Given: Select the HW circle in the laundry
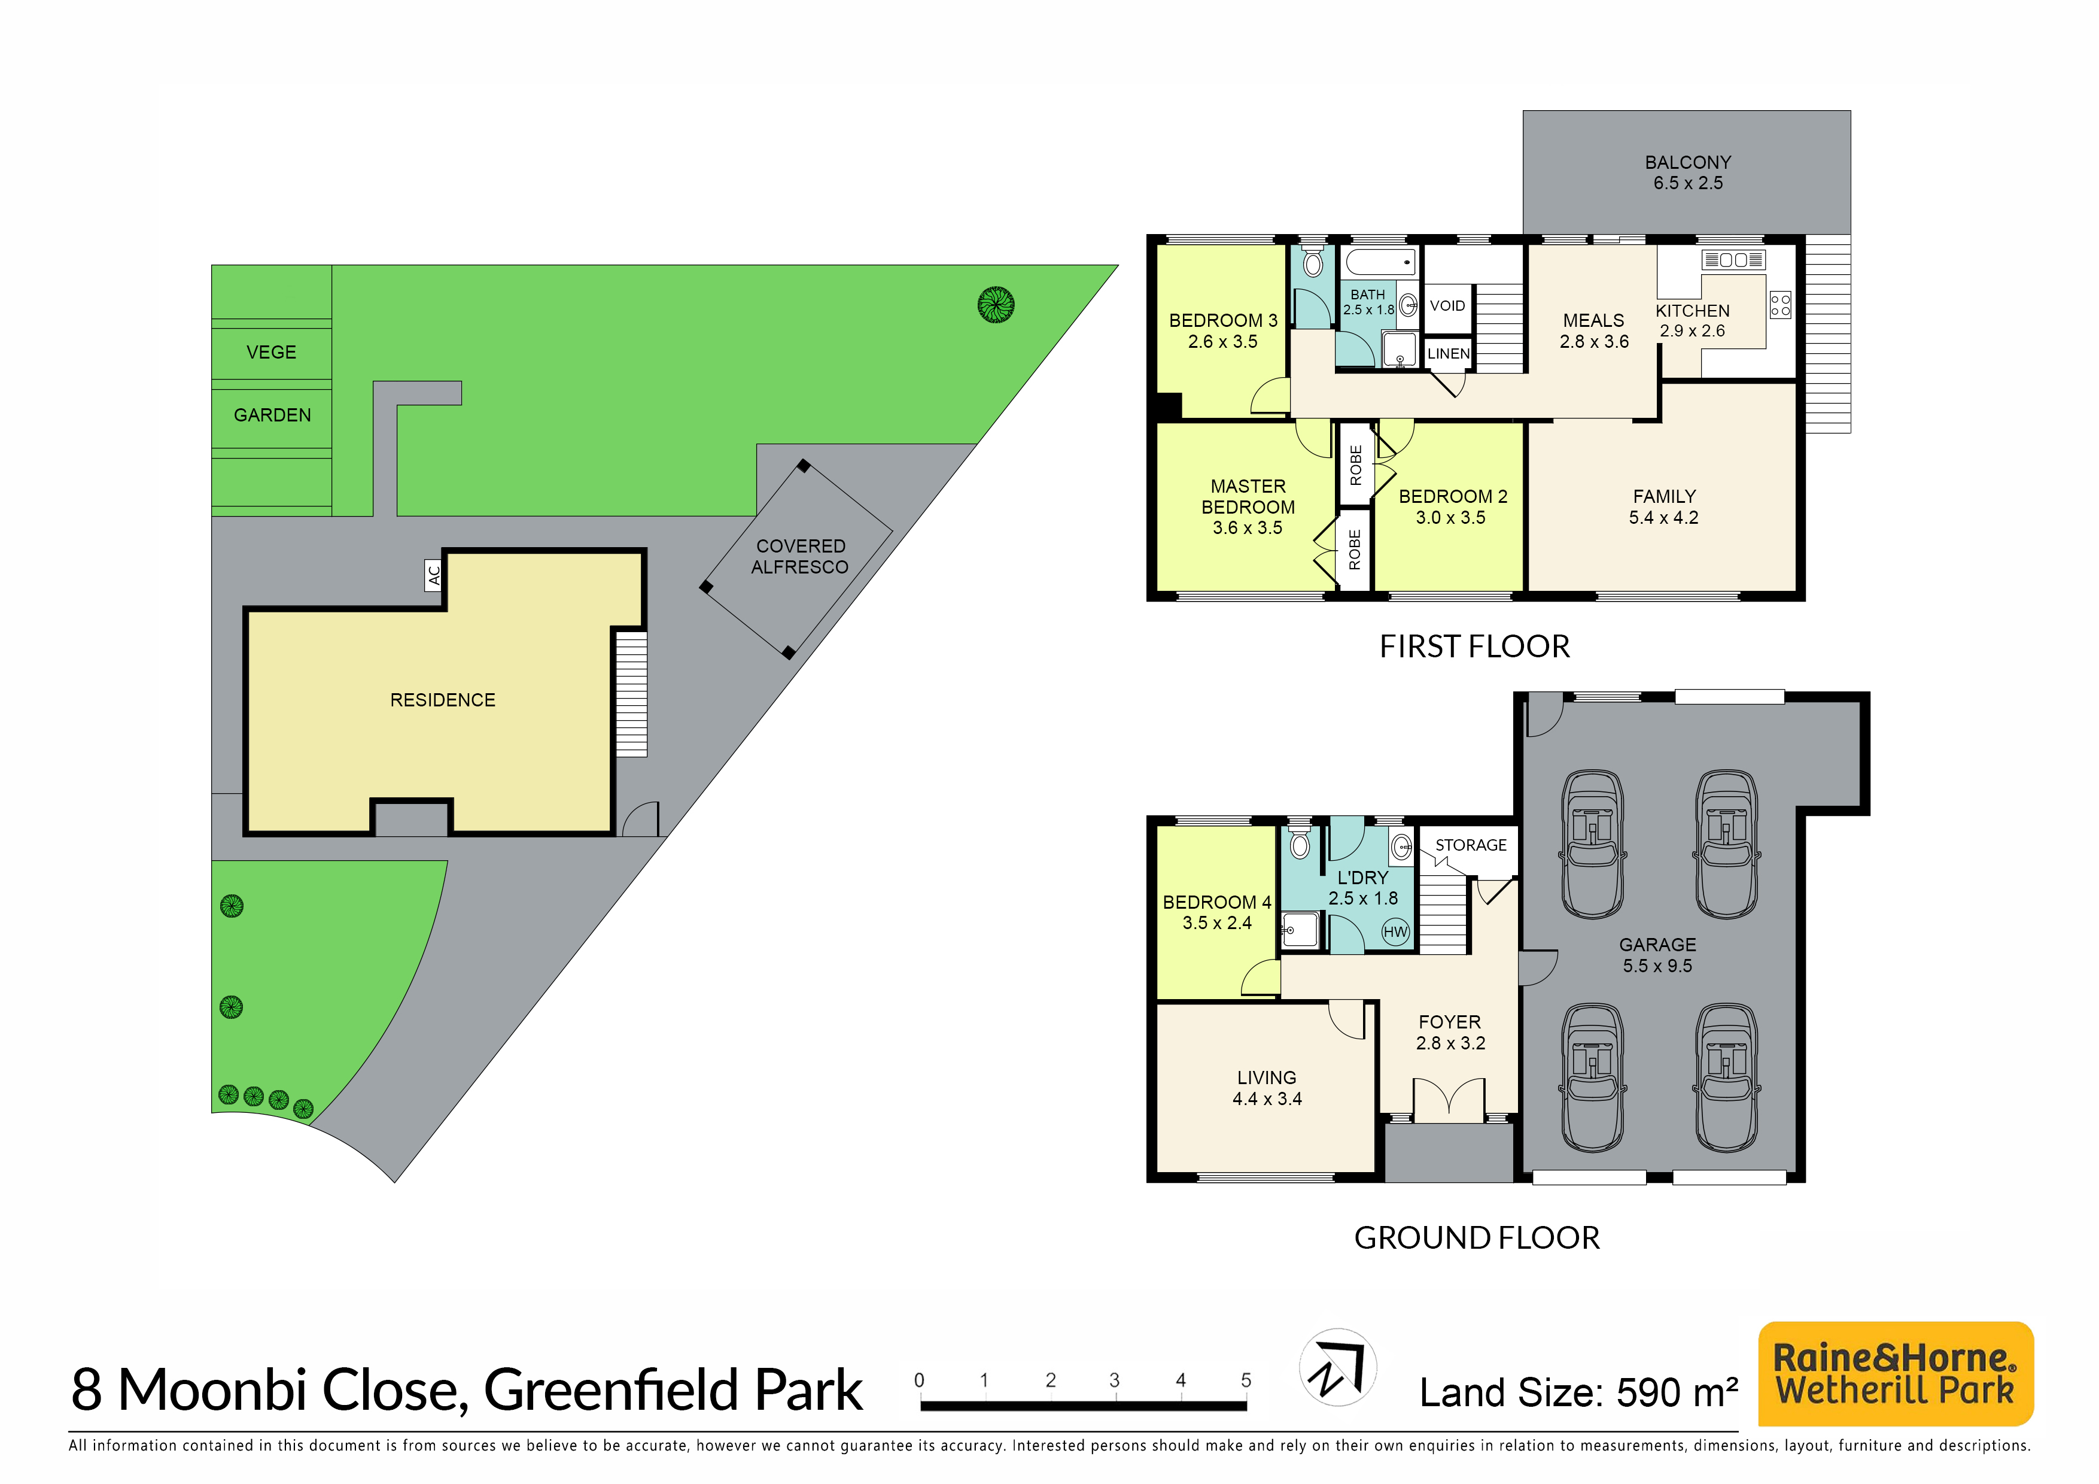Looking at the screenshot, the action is [x=1395, y=931].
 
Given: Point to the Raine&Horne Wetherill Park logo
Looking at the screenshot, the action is [x=1895, y=1373].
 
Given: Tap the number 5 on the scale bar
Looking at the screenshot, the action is [x=1245, y=1380].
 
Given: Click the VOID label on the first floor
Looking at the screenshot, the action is [x=1447, y=305].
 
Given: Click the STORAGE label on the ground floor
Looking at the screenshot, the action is [x=1471, y=845].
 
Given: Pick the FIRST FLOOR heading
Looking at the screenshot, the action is [x=1474, y=647].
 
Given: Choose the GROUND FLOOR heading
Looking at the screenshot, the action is [x=1477, y=1237].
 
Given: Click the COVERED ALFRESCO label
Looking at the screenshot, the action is [x=800, y=556].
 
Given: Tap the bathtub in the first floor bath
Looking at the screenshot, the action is [x=1380, y=262].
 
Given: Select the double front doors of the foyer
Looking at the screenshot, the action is [x=1449, y=1099].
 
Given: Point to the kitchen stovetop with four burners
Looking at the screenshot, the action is [x=1780, y=305].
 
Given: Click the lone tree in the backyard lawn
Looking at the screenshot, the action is [x=996, y=305].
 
